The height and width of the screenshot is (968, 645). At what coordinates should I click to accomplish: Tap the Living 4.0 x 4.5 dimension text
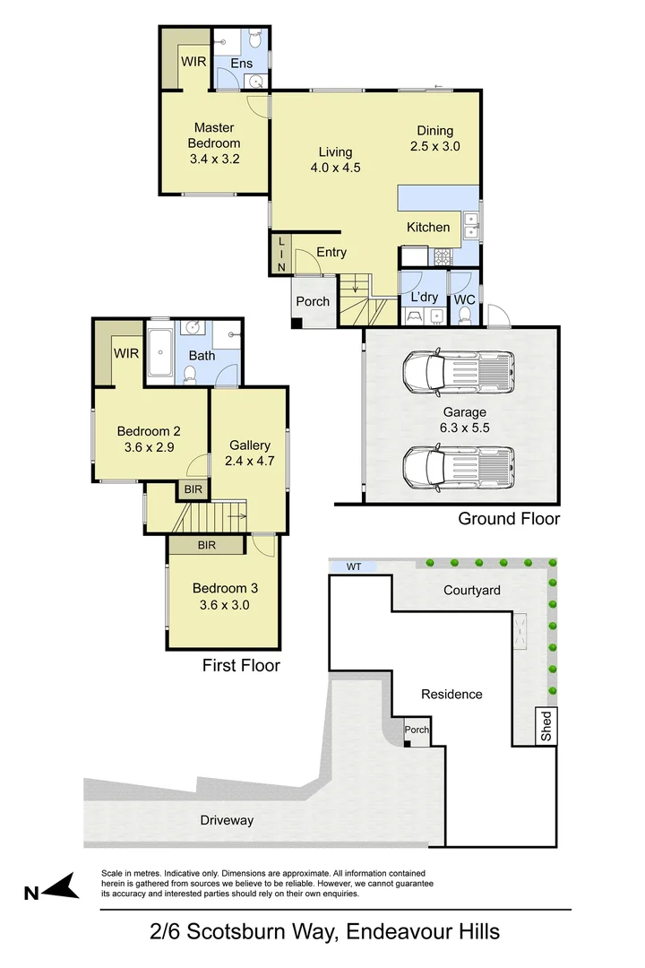point(335,167)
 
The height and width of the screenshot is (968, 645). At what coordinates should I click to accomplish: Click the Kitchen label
point(428,228)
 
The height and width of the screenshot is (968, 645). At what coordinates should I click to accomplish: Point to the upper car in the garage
point(459,372)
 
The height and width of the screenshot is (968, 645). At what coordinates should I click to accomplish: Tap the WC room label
point(464,299)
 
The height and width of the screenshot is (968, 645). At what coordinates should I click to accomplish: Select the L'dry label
point(424,297)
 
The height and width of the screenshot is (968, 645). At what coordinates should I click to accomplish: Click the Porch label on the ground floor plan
point(313,302)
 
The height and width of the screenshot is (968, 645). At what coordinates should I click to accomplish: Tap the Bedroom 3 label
point(225,589)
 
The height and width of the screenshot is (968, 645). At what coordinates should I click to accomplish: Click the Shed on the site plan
point(545,726)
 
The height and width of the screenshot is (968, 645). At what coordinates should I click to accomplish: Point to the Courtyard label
point(471,591)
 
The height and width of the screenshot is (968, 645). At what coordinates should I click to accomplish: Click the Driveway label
point(227,820)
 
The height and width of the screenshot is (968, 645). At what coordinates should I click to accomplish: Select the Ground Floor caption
point(509,519)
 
